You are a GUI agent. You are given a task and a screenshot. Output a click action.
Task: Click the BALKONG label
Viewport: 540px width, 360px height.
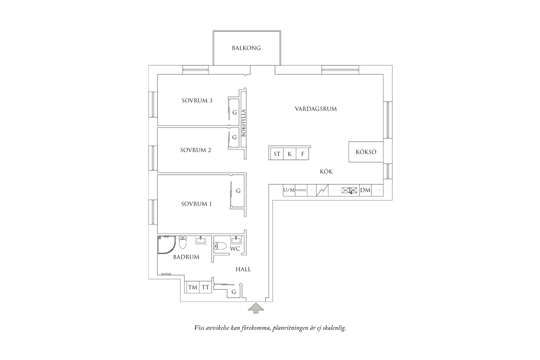246,48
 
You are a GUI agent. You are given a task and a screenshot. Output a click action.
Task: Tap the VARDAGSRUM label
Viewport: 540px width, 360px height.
316,109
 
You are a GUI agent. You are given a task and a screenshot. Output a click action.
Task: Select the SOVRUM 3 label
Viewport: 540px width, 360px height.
197,101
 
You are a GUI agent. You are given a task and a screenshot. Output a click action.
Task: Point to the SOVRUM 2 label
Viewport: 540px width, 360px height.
195,150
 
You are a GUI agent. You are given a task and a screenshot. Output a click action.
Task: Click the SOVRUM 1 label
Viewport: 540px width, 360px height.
196,204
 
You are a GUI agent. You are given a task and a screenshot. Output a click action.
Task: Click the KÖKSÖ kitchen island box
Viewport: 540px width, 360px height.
366,152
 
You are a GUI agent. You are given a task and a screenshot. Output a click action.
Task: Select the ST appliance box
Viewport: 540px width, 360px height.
277,154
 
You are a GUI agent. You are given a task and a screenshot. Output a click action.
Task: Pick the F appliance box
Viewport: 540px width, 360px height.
302,154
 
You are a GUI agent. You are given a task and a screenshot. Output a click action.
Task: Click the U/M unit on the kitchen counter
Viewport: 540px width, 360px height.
289,190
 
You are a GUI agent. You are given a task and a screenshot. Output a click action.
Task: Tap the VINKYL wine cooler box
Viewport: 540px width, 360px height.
301,190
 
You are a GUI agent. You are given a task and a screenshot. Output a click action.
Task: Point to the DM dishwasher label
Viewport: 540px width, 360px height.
365,190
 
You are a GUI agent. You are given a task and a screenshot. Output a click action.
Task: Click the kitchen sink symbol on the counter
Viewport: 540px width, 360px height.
349,190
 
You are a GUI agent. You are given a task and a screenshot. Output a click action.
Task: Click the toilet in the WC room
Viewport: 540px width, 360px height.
220,246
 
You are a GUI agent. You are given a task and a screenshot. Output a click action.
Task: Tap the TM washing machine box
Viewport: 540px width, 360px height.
192,287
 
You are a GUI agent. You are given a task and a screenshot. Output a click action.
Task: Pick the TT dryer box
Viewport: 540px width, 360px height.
205,287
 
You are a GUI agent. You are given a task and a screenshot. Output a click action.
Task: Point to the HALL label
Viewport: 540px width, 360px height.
243,269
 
